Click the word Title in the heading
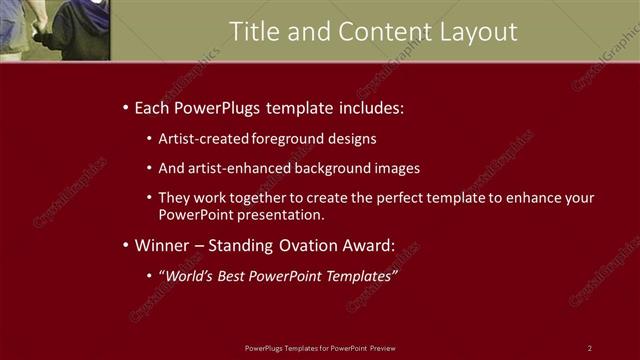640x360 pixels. pos(252,32)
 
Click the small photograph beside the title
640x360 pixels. pos(55,30)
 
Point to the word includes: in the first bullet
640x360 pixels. pos(370,107)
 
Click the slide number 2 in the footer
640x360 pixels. pos(590,348)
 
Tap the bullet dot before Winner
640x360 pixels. pos(124,246)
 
